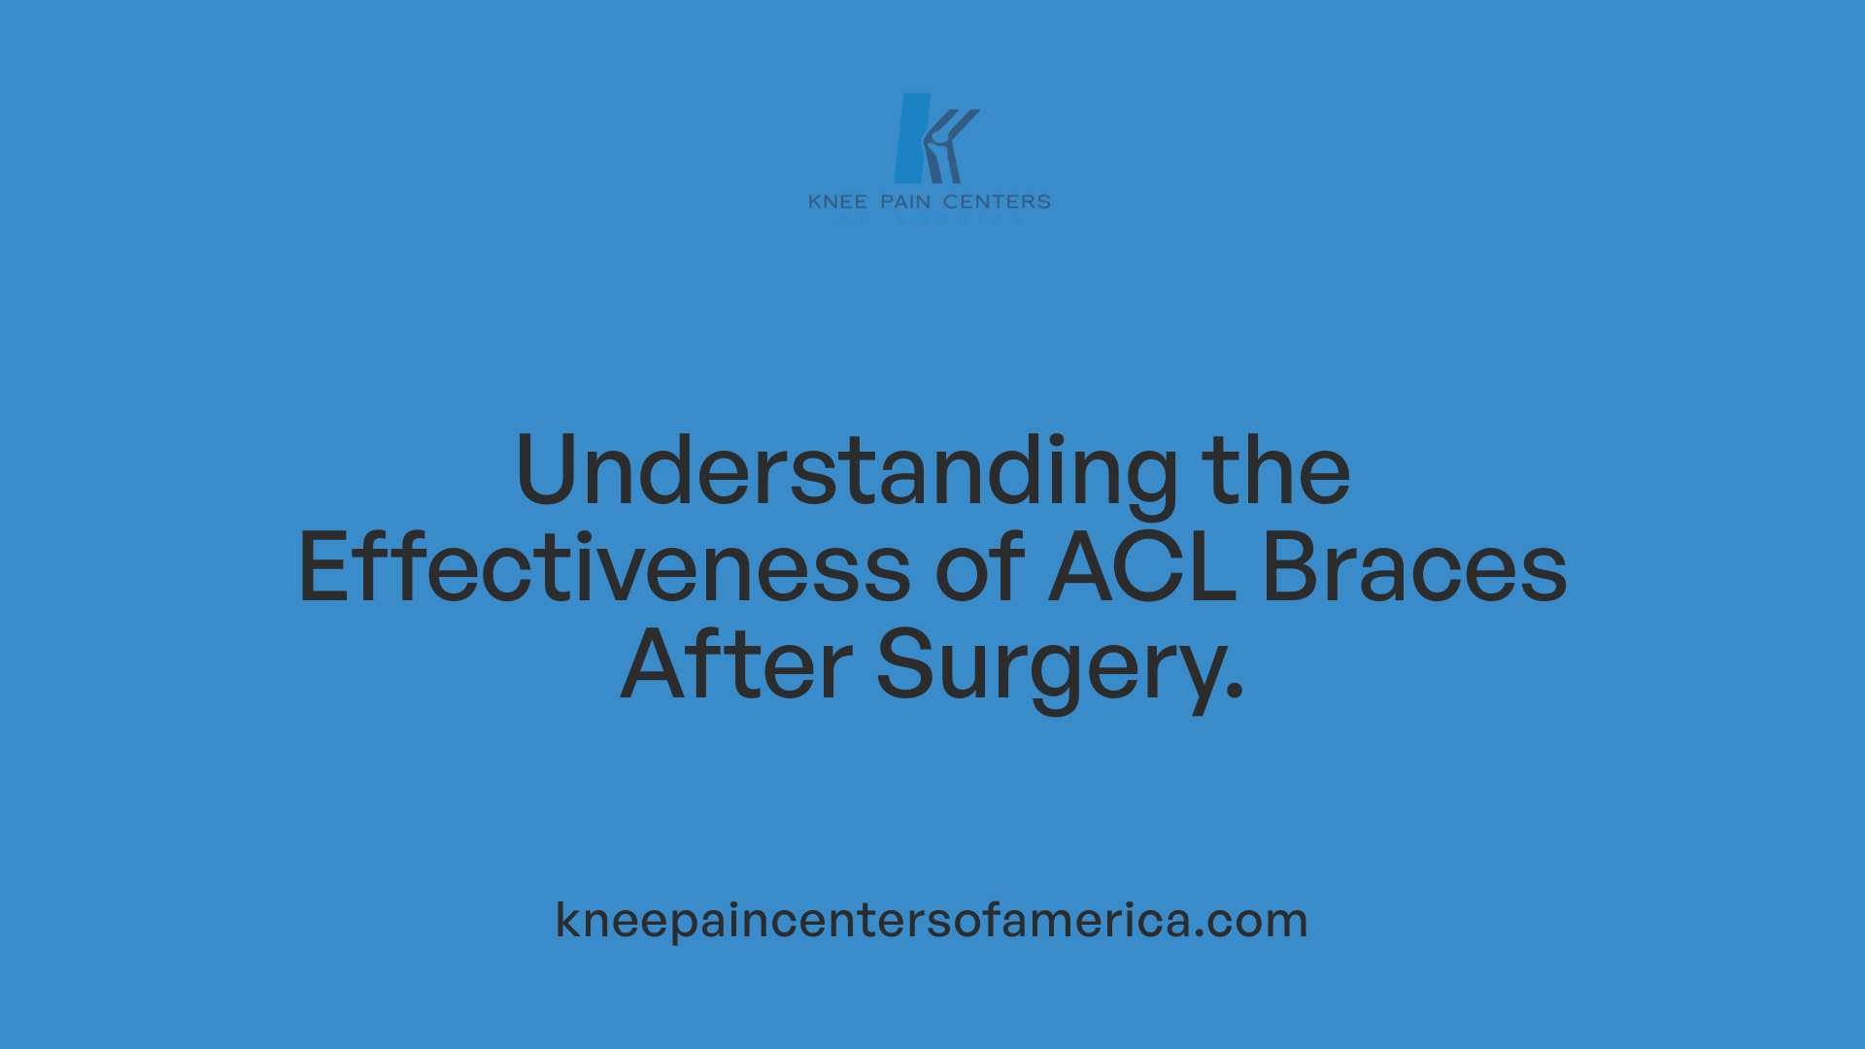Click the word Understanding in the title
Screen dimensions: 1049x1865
point(846,471)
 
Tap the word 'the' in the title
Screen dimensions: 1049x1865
point(1275,471)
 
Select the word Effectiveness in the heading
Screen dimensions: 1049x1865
point(604,568)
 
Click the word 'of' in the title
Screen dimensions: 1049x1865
point(979,568)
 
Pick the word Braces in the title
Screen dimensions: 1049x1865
point(1414,568)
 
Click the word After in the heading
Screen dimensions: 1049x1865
point(736,665)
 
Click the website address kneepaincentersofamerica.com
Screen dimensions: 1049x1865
point(932,920)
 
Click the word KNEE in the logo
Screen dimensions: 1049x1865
point(837,202)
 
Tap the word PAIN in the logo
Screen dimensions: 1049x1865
point(905,202)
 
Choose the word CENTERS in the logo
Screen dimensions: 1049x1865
point(997,202)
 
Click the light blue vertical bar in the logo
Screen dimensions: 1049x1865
point(911,138)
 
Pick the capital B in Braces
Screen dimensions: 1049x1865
point(1291,568)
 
